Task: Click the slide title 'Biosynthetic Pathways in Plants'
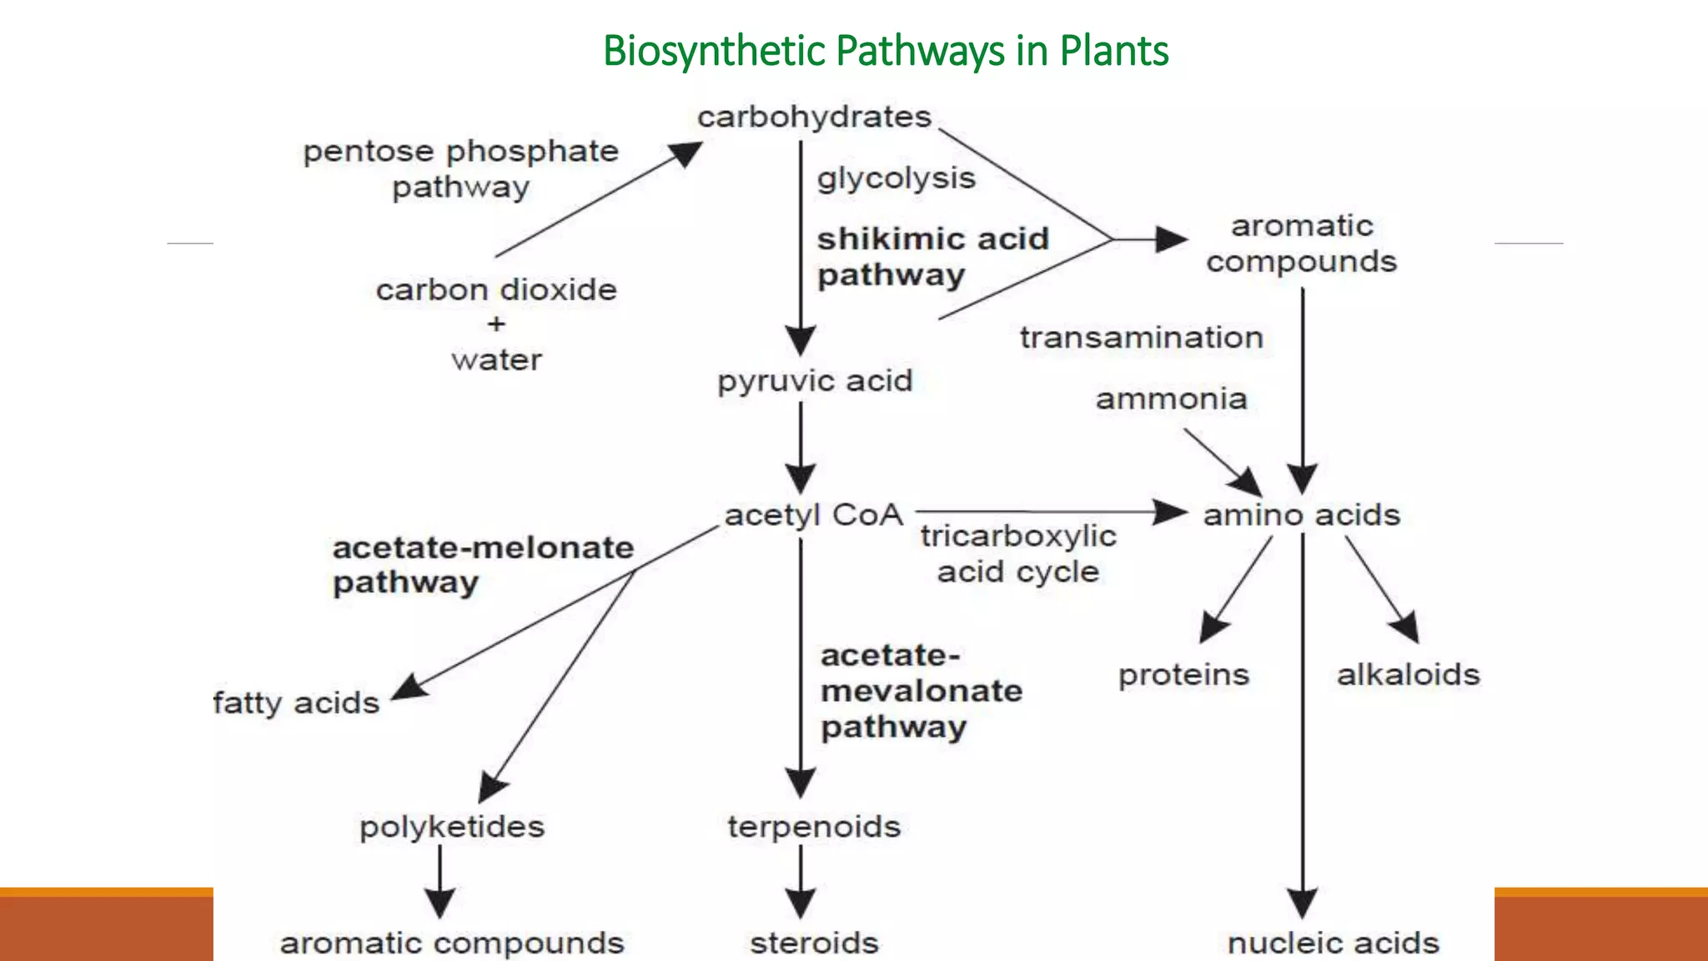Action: (x=885, y=51)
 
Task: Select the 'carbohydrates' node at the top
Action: (x=814, y=117)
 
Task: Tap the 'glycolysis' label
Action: (x=896, y=179)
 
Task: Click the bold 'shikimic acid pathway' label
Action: (x=932, y=257)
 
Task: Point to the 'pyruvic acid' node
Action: (x=815, y=381)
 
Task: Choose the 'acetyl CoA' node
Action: (x=813, y=515)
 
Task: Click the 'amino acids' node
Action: (x=1301, y=515)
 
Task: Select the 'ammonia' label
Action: (x=1171, y=399)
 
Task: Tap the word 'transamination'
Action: (x=1141, y=338)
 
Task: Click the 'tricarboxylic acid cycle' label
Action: (x=1017, y=554)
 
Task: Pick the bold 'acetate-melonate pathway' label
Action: (x=482, y=565)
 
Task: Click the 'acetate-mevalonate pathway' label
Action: (x=921, y=691)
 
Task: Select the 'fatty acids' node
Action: (x=296, y=702)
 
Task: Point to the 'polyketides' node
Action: (x=451, y=827)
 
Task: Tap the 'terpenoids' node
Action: (x=814, y=827)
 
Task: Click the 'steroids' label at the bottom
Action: (x=814, y=943)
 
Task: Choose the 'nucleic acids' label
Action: (x=1333, y=943)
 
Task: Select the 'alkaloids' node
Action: (x=1408, y=674)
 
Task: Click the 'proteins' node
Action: (x=1183, y=674)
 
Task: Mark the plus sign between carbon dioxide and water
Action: (x=496, y=324)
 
